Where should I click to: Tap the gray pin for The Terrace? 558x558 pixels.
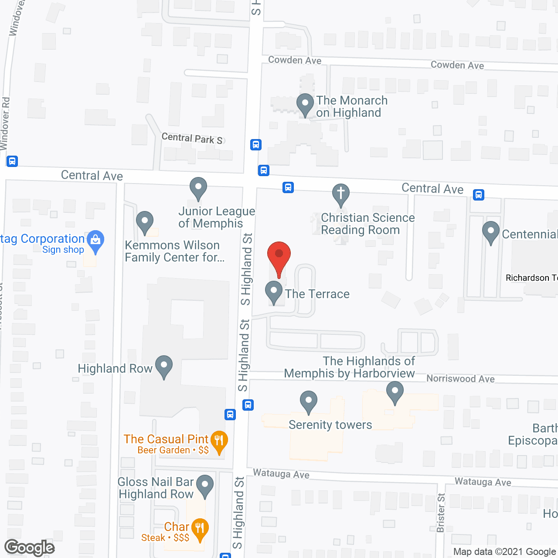[x=274, y=292]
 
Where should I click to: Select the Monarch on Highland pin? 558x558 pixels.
[x=305, y=105]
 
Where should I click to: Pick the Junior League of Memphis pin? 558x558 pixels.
[x=198, y=188]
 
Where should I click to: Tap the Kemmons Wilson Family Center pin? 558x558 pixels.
[x=145, y=222]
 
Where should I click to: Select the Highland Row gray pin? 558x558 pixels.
[x=164, y=367]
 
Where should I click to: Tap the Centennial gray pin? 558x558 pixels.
[x=491, y=232]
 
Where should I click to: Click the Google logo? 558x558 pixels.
[x=30, y=548]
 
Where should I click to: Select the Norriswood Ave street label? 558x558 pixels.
[x=460, y=379]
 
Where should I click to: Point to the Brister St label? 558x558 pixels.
[x=441, y=513]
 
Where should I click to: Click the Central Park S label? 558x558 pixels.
[x=192, y=139]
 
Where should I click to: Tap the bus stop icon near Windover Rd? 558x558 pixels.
[x=12, y=161]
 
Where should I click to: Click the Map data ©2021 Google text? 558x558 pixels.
[x=505, y=552]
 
